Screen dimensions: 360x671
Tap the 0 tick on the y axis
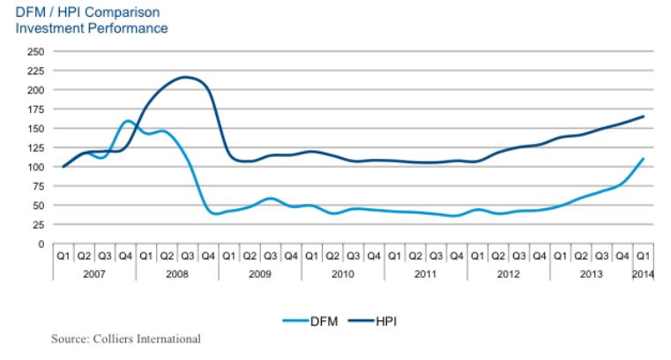[x=41, y=244]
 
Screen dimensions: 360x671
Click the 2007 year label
[x=94, y=274]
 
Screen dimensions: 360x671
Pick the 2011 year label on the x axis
[x=425, y=274]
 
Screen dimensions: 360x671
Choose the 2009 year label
[x=260, y=274]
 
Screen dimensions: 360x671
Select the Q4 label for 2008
[x=208, y=257]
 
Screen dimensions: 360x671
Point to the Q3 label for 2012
[x=518, y=257]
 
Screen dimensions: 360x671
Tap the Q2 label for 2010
[x=332, y=257]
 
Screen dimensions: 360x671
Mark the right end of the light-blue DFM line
[x=642, y=160]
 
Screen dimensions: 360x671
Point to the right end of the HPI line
[x=642, y=116]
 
